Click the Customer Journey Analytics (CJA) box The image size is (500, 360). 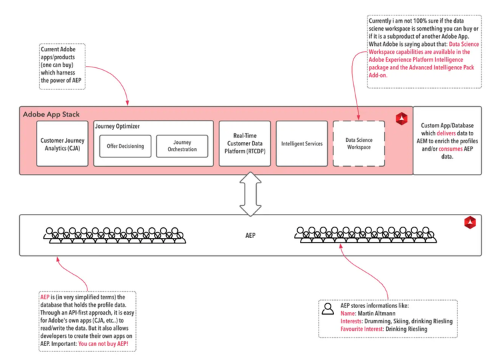[62, 143]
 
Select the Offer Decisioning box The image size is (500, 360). [125, 146]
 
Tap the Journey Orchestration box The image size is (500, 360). [182, 146]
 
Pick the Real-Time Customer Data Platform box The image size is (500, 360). [245, 143]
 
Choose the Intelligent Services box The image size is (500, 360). [301, 143]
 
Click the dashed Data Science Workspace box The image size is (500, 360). [359, 143]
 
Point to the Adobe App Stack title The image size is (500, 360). [51, 114]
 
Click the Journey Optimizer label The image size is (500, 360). [117, 126]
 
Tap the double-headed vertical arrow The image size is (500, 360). [251, 194]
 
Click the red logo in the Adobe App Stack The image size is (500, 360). [401, 119]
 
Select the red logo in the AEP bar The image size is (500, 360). [470, 222]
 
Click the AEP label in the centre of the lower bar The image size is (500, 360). [250, 235]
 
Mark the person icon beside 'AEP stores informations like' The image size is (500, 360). [328, 309]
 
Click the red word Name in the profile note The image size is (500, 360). [347, 313]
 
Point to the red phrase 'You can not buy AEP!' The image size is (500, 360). [103, 344]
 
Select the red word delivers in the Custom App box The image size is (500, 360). [446, 133]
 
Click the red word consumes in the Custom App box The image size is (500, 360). [450, 149]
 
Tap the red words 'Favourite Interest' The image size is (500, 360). [361, 329]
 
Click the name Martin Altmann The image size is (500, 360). [377, 313]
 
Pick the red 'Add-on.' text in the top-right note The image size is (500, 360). [378, 75]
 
